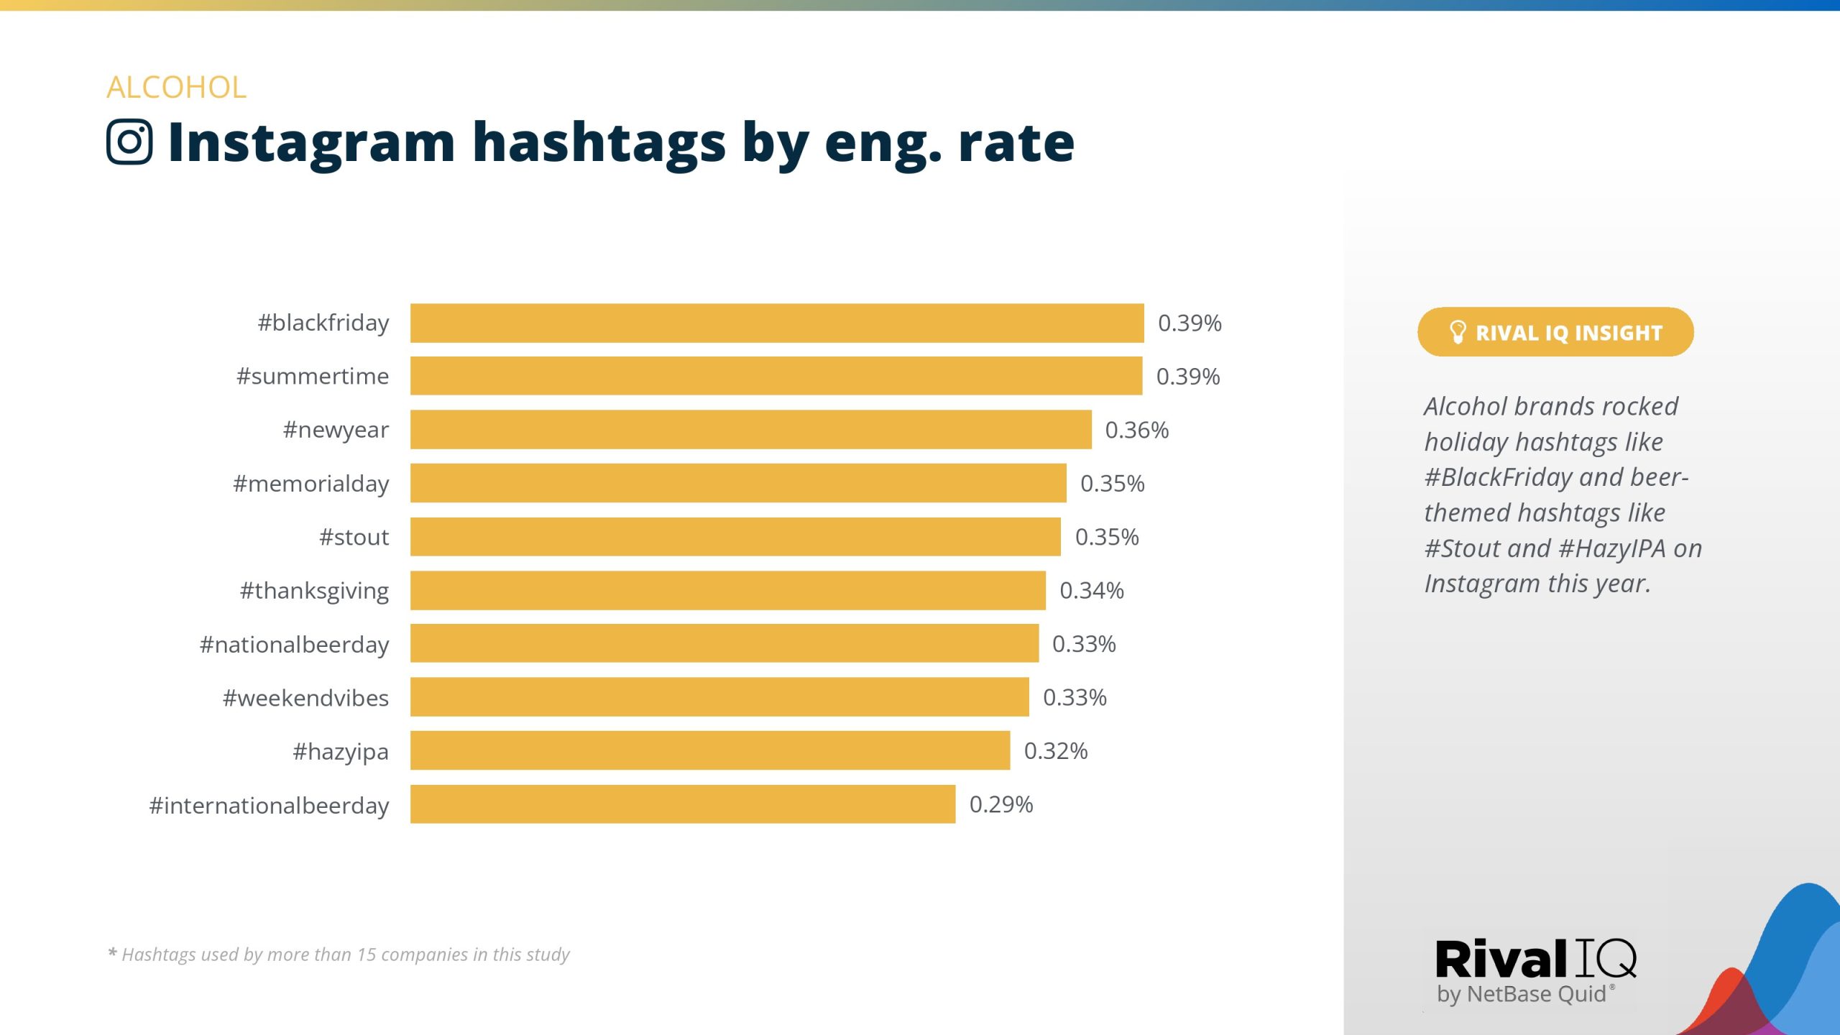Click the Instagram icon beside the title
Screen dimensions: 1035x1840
129,142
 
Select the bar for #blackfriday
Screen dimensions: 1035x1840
776,323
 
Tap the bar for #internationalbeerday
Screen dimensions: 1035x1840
682,804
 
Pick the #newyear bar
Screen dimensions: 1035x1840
750,430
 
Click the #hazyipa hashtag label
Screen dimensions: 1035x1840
340,752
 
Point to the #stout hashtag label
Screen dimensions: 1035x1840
354,538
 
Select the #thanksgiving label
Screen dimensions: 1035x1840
314,591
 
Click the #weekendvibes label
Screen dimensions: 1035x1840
305,698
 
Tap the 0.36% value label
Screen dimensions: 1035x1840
1136,430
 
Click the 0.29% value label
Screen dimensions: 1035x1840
1000,804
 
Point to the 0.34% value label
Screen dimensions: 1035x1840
1091,591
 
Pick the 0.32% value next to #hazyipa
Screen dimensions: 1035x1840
1055,751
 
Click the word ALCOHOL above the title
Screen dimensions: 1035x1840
176,88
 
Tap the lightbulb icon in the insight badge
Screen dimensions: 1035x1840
1457,332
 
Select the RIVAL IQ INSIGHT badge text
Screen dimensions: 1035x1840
1568,333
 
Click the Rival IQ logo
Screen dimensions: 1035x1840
1535,960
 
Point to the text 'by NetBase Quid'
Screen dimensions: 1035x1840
1521,994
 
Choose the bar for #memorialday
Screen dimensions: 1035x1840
738,483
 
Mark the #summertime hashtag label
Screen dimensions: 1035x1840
313,377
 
